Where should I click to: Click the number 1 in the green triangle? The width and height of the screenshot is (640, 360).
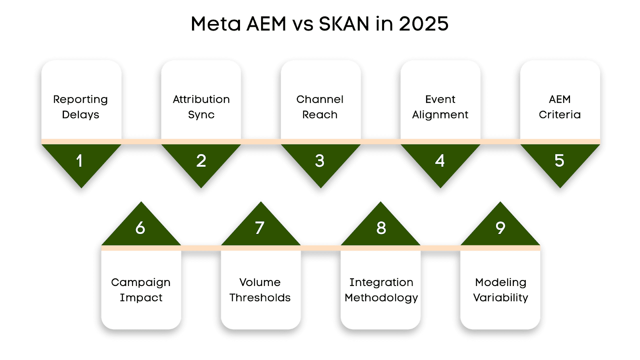(x=80, y=161)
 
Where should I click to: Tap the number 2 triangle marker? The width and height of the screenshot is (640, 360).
(x=201, y=161)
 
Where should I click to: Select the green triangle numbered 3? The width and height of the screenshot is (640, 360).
(x=320, y=161)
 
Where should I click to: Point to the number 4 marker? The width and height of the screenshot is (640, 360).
(x=440, y=161)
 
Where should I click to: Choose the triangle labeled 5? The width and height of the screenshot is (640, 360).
(x=559, y=161)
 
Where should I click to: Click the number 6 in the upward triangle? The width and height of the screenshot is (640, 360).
(x=140, y=228)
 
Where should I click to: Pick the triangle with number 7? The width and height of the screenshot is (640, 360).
(x=260, y=228)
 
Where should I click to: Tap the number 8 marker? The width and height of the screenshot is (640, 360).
(x=381, y=228)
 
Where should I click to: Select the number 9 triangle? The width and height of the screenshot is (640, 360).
(x=500, y=228)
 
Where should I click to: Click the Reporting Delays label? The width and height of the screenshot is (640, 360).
(x=80, y=107)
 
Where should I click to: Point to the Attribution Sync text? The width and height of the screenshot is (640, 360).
(x=201, y=107)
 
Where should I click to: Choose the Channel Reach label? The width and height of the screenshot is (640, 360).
(x=320, y=107)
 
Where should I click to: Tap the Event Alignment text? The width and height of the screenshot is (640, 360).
(x=440, y=107)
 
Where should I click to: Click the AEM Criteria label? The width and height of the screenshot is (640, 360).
(x=560, y=107)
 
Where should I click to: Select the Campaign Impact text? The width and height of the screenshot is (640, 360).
(x=141, y=290)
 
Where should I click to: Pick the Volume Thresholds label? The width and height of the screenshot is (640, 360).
(x=260, y=290)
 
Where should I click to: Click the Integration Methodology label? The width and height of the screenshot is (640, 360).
(x=381, y=290)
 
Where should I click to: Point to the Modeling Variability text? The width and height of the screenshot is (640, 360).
(x=500, y=290)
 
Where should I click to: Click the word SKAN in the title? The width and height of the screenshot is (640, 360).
(x=344, y=24)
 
